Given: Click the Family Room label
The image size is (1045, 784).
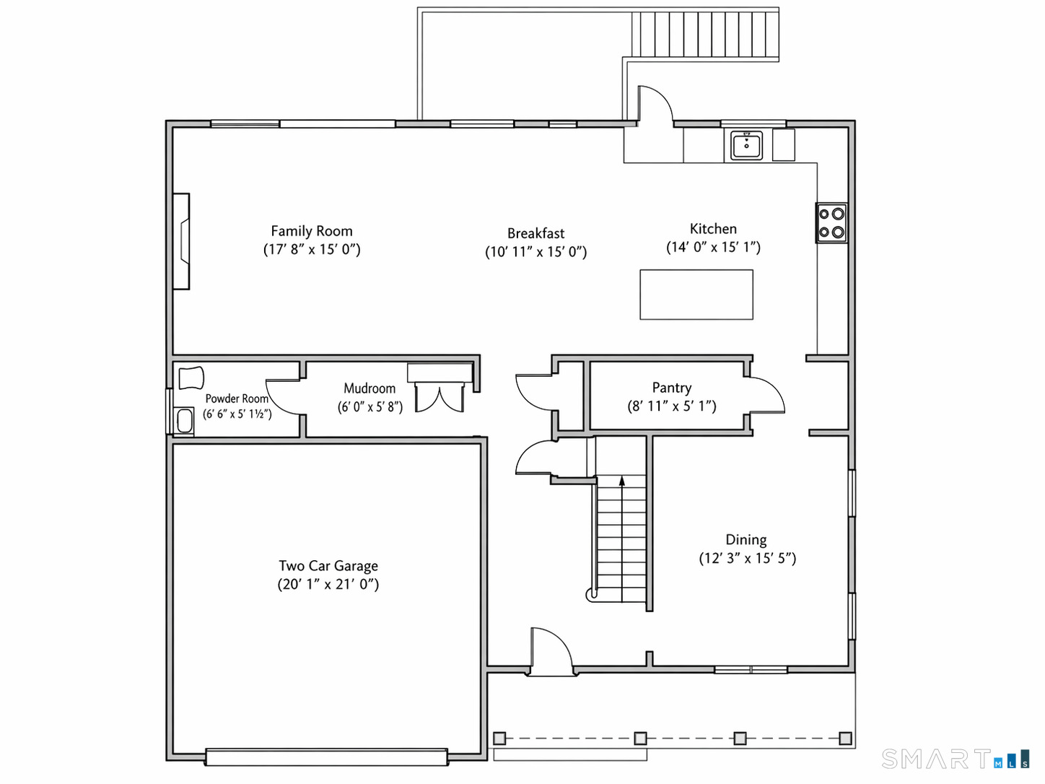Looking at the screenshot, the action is tap(312, 231).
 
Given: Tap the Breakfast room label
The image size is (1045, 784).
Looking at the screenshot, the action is tap(535, 233).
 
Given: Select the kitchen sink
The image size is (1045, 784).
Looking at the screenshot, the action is tap(746, 146).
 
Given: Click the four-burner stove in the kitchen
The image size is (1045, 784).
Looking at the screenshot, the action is tap(831, 223).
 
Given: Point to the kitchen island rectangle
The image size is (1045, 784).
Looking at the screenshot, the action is tap(696, 295).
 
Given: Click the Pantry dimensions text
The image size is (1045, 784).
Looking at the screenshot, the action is tap(672, 406).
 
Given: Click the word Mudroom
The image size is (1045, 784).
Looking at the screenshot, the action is tap(370, 388).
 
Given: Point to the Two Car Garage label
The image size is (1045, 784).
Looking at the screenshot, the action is tap(328, 565).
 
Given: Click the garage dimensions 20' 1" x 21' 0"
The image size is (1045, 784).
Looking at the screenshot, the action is tap(328, 584).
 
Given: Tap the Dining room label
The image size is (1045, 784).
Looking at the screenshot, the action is tap(746, 539).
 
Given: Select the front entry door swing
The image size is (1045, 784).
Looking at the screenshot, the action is tap(551, 651).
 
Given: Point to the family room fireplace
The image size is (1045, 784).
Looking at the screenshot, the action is tap(181, 241).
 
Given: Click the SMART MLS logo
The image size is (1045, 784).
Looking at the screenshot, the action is tap(955, 759).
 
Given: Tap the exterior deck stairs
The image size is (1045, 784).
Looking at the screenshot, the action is tap(705, 34).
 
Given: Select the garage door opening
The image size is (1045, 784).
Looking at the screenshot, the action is tap(327, 757).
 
